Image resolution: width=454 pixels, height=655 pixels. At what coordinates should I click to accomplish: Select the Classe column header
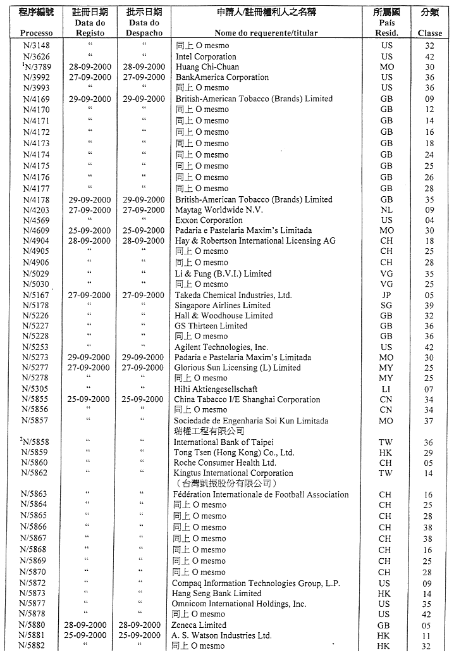(x=430, y=33)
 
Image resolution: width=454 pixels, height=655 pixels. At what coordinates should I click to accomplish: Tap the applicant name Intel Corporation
(x=206, y=56)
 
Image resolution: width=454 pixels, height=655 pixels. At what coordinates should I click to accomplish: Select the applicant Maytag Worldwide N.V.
(x=219, y=210)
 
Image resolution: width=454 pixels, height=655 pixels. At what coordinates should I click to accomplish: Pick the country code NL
(x=386, y=210)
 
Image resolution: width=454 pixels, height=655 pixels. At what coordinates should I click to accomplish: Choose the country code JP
(x=386, y=295)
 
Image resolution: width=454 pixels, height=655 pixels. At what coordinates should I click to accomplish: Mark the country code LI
(x=386, y=389)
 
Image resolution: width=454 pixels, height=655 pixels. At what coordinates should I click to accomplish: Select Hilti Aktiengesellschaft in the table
(x=216, y=389)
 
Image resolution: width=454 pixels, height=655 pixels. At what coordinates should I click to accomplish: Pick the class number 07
(x=430, y=389)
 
